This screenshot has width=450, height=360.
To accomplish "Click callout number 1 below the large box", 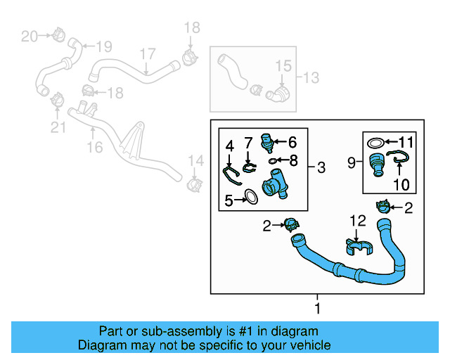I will (x=317, y=309).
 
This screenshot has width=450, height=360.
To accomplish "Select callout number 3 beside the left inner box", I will (x=321, y=167).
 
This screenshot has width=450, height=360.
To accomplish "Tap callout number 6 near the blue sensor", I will (x=292, y=141).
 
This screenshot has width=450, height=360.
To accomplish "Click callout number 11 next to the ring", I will (x=408, y=141).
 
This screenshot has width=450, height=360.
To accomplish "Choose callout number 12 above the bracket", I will (x=359, y=221).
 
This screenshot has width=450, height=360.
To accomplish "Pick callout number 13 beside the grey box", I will (x=311, y=76).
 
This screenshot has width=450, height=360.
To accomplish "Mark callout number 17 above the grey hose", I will (x=147, y=54).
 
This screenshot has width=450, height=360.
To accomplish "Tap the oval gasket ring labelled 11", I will (x=377, y=143).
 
